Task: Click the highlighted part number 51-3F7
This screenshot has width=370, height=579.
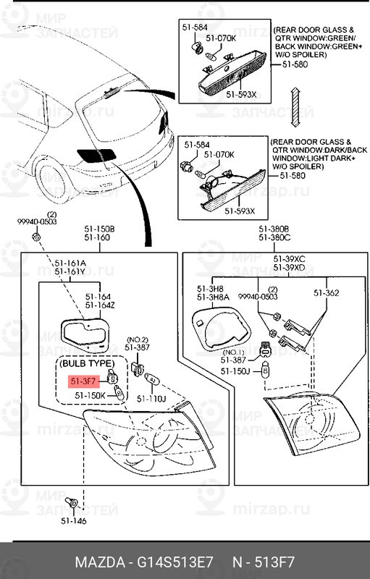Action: pyautogui.click(x=83, y=381)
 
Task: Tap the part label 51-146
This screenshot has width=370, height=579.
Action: pyautogui.click(x=74, y=520)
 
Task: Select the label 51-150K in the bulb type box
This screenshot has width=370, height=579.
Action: pyautogui.click(x=90, y=395)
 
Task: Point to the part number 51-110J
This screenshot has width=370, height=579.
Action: pyautogui.click(x=151, y=399)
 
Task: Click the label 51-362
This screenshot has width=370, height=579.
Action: pyautogui.click(x=327, y=293)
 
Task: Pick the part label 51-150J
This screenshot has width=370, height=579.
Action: pyautogui.click(x=235, y=371)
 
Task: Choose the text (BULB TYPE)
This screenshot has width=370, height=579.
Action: pyautogui.click(x=87, y=363)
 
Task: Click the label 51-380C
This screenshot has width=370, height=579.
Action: pyautogui.click(x=274, y=238)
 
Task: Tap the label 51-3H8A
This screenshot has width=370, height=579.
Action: pyautogui.click(x=213, y=297)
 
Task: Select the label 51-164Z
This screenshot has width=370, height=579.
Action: pyautogui.click(x=100, y=305)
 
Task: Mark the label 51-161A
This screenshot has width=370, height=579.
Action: pyautogui.click(x=70, y=263)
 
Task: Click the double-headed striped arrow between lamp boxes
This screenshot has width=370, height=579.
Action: pyautogui.click(x=295, y=107)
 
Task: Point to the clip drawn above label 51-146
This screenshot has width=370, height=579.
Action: pyautogui.click(x=71, y=502)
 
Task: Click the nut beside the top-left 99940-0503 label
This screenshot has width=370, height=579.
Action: pyautogui.click(x=35, y=237)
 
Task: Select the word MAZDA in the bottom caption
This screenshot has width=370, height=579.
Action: pyautogui.click(x=100, y=562)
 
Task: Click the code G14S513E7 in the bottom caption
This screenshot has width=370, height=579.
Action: pyautogui.click(x=175, y=562)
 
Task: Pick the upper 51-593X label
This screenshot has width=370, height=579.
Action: pyautogui.click(x=241, y=95)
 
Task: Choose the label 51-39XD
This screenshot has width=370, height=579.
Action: pyautogui.click(x=289, y=267)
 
